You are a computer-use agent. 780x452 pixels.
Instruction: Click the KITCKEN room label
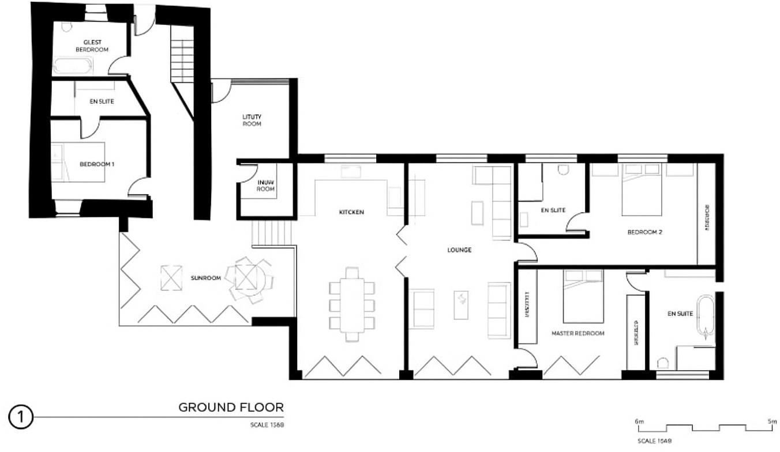coord(351,212)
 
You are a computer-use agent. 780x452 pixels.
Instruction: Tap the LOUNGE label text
coord(459,250)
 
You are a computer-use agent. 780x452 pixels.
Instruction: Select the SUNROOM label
coord(206,278)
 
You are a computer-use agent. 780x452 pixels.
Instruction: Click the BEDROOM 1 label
coord(97,164)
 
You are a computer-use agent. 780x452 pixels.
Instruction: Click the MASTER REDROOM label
coord(577,333)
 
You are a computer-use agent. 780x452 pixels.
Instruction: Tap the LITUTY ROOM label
coord(252,120)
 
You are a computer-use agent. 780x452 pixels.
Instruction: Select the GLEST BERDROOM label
coord(92,46)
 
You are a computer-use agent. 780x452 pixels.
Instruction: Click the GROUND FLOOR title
coord(231,408)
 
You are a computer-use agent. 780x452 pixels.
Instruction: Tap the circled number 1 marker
coord(20,417)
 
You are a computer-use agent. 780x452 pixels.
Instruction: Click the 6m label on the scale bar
coord(639,421)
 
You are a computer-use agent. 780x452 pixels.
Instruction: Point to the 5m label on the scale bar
coord(772,421)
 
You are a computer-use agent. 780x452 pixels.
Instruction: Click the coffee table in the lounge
coord(460,304)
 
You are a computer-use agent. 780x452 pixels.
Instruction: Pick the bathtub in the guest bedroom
coord(72,65)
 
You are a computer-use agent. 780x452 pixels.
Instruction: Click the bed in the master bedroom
coord(583,296)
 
